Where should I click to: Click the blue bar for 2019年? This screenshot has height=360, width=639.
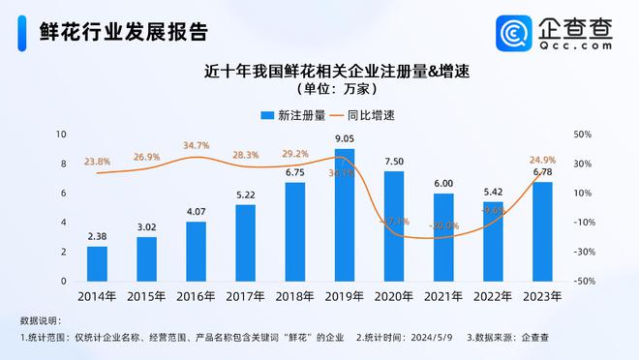(344, 215)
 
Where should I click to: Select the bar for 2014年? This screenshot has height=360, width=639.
(97, 263)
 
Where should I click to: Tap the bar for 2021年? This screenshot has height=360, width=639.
(443, 237)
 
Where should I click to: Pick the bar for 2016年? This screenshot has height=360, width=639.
(196, 251)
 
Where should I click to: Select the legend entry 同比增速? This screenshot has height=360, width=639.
(369, 114)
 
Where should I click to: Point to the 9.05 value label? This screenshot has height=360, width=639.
(344, 139)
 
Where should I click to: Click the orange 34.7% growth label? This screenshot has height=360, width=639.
(197, 145)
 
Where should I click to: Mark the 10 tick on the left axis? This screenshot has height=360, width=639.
(62, 134)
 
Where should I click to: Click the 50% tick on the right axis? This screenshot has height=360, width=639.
(584, 134)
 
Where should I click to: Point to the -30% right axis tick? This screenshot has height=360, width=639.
(584, 252)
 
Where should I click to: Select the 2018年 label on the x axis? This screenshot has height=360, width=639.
(294, 296)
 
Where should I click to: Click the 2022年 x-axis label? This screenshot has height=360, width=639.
(492, 296)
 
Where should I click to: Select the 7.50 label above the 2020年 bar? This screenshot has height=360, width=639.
(393, 162)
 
